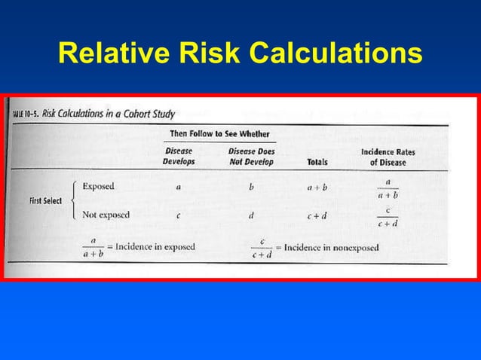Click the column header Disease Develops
pyautogui.click(x=178, y=157)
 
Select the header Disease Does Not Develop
pyautogui.click(x=251, y=157)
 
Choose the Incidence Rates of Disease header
pyautogui.click(x=388, y=157)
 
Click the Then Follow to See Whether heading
pyautogui.click(x=219, y=134)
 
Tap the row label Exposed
pyautogui.click(x=99, y=186)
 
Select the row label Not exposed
pyautogui.click(x=106, y=215)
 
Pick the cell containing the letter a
pyautogui.click(x=178, y=187)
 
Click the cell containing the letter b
pyautogui.click(x=251, y=187)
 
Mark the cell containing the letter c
pyautogui.click(x=178, y=215)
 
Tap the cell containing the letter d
pyautogui.click(x=251, y=215)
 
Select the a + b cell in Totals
pyautogui.click(x=317, y=187)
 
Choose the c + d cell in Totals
pyautogui.click(x=317, y=215)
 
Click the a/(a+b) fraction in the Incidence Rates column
pyautogui.click(x=388, y=188)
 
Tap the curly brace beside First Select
pyautogui.click(x=72, y=200)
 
